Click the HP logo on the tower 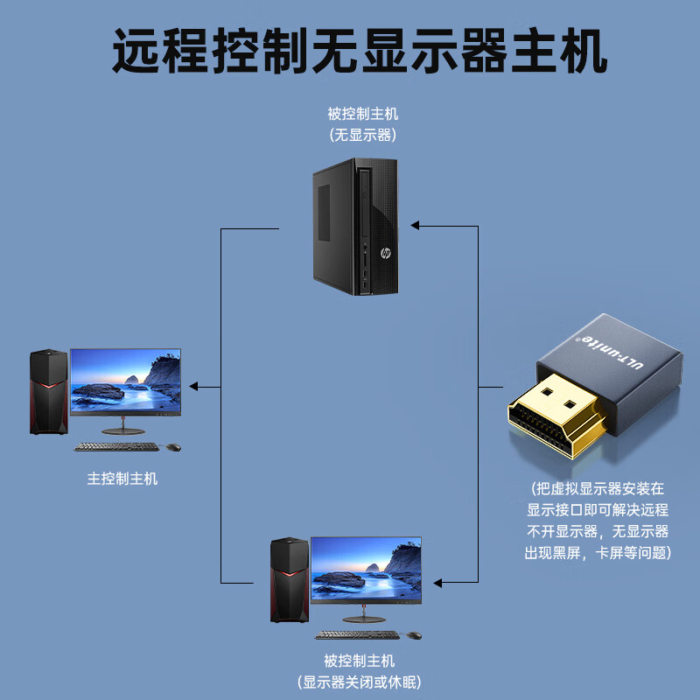point(384,253)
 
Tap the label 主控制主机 point(122,479)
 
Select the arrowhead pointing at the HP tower point(416,226)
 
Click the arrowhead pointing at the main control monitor point(194,386)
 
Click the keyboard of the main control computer point(116,447)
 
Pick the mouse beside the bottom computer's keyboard point(414,635)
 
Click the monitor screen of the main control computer point(125,381)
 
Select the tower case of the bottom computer point(288,579)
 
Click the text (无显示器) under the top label point(362,135)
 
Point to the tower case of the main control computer point(48,391)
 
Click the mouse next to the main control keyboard point(173,447)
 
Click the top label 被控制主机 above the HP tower point(362,114)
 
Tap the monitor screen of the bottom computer point(366,570)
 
